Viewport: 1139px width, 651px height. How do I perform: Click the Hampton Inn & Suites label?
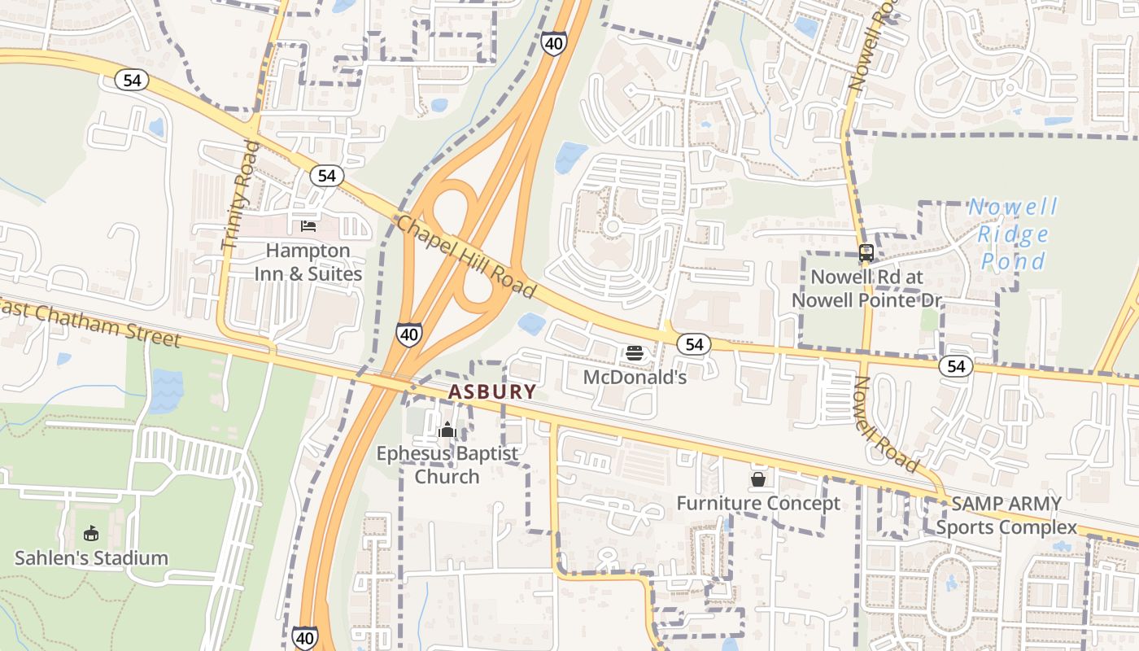[x=308, y=262]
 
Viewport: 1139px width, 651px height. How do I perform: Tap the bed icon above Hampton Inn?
[x=308, y=225]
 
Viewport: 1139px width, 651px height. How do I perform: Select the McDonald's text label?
[x=635, y=378]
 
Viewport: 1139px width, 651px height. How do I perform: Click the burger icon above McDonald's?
[x=635, y=353]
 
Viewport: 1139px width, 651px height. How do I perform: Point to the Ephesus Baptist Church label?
[x=447, y=465]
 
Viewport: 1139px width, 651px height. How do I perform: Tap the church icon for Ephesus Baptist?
[x=447, y=430]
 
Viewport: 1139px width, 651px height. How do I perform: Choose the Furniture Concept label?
[x=758, y=504]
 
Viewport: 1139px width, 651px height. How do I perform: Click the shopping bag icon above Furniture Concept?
[x=758, y=479]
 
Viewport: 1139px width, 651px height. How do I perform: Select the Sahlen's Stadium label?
[x=91, y=558]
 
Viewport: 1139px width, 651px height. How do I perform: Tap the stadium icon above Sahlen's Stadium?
[x=91, y=534]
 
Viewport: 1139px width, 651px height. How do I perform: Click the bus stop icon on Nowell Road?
[x=866, y=253]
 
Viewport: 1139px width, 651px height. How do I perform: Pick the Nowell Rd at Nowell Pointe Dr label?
[x=866, y=289]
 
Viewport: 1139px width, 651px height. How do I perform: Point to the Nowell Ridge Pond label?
[x=1013, y=234]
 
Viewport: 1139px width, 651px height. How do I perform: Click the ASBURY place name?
[x=492, y=392]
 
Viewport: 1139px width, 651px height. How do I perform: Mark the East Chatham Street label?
[x=89, y=319]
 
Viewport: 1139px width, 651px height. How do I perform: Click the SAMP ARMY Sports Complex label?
[x=1006, y=515]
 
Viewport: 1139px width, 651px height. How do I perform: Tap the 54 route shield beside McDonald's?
[x=694, y=345]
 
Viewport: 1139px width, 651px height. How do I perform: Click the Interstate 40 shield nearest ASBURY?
[x=409, y=334]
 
